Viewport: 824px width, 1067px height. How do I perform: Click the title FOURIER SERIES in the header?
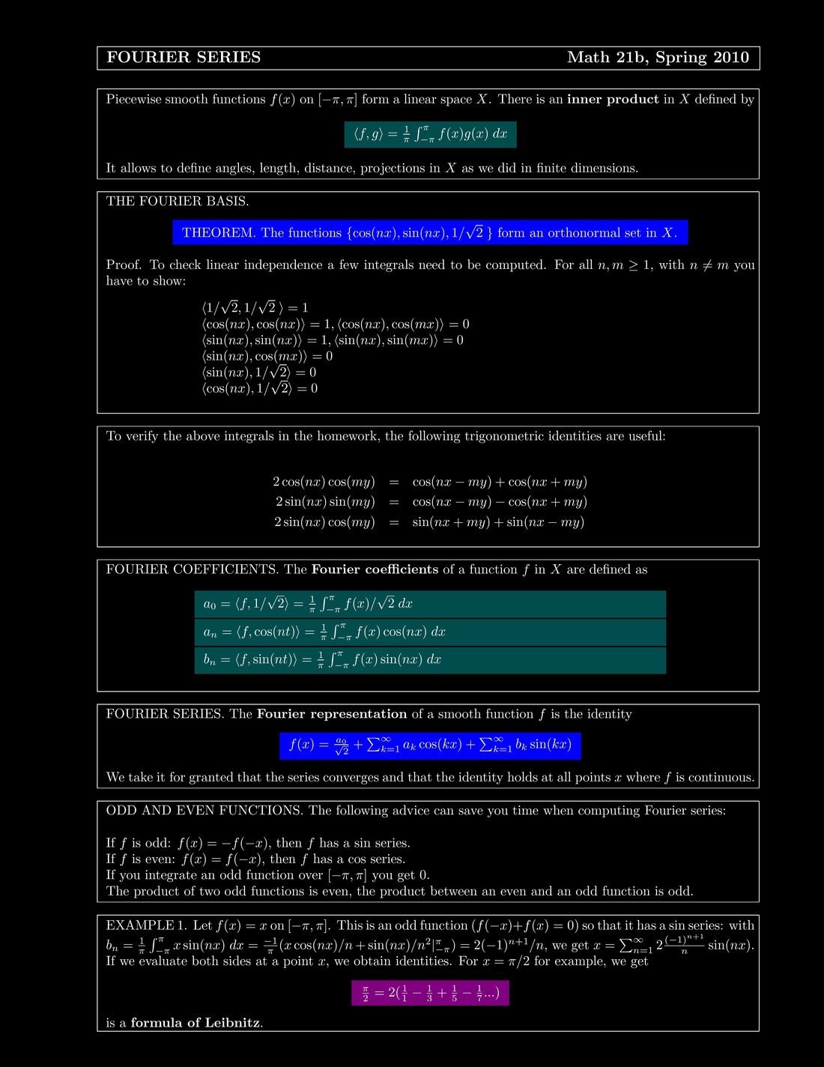pyautogui.click(x=184, y=58)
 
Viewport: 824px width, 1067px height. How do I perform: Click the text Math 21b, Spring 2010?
pyautogui.click(x=658, y=58)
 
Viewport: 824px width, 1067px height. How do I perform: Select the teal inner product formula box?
pyautogui.click(x=430, y=134)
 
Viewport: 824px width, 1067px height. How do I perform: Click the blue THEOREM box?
pyautogui.click(x=429, y=233)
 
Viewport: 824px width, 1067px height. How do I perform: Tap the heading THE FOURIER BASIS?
pyautogui.click(x=178, y=201)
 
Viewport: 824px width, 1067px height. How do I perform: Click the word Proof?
pyautogui.click(x=124, y=265)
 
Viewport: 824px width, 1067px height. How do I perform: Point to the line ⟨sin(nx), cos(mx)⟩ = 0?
pyautogui.click(x=267, y=356)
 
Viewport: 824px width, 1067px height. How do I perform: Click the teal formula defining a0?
pyautogui.click(x=429, y=604)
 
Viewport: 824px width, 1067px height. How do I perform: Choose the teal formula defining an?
pyautogui.click(x=429, y=632)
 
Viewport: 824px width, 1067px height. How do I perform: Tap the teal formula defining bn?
pyautogui.click(x=429, y=659)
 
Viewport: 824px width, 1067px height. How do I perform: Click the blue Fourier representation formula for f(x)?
pyautogui.click(x=430, y=745)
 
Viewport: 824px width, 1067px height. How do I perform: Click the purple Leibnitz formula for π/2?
pyautogui.click(x=430, y=994)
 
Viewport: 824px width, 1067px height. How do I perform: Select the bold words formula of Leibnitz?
pyautogui.click(x=196, y=1023)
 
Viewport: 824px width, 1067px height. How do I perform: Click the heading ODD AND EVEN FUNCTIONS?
pyautogui.click(x=205, y=811)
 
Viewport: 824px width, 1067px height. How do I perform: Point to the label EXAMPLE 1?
pyautogui.click(x=146, y=925)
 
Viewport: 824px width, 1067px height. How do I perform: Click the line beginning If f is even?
pyautogui.click(x=255, y=859)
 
